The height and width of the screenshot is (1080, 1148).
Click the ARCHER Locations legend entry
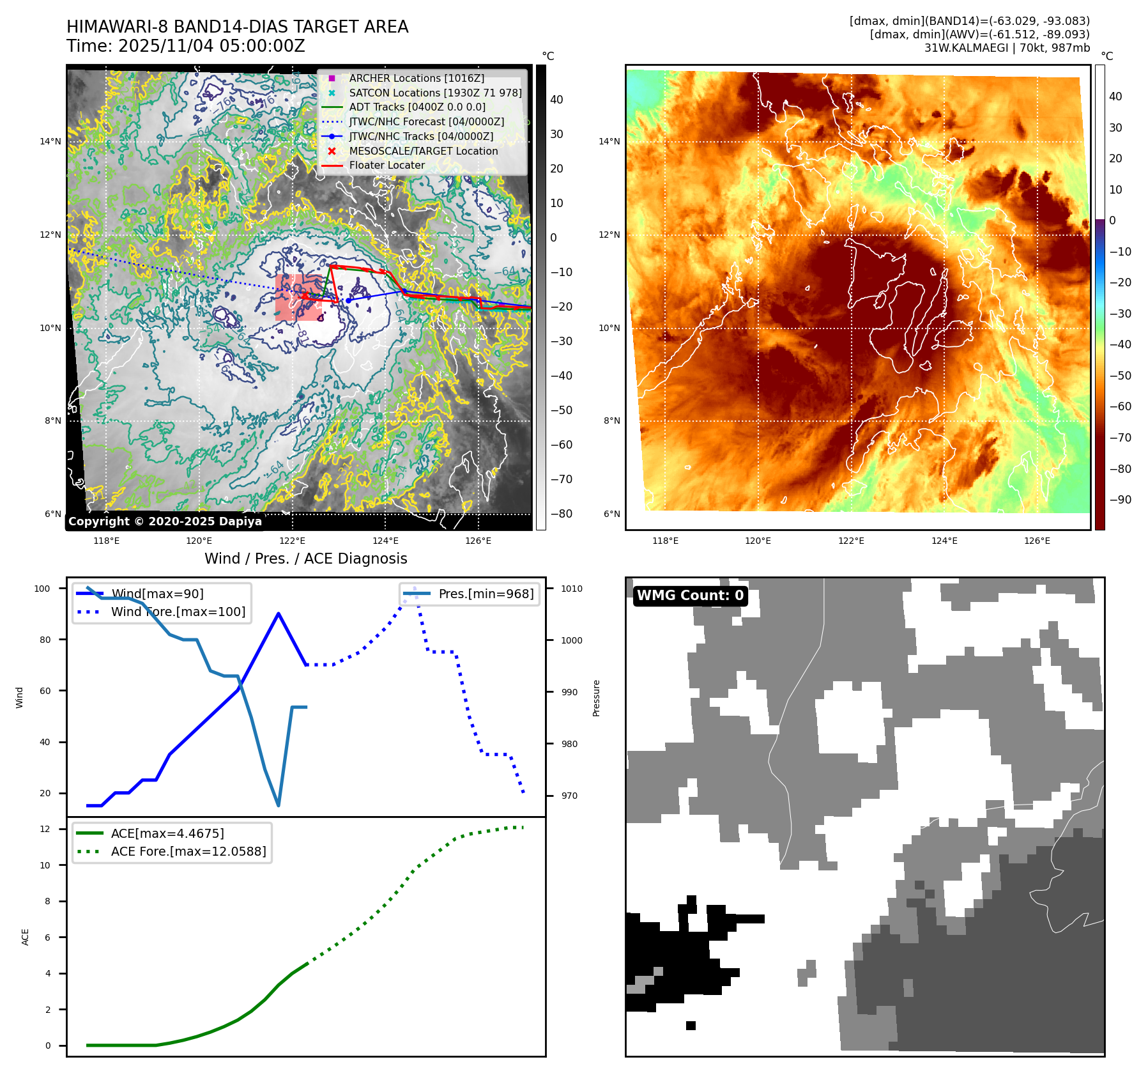(416, 79)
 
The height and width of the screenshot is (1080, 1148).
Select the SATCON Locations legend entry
(434, 93)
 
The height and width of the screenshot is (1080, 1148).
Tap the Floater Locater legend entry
(386, 166)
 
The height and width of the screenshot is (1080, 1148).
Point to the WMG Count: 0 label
(690, 596)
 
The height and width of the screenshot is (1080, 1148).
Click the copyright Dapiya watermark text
(165, 521)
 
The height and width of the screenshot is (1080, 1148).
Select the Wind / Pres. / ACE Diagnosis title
(305, 559)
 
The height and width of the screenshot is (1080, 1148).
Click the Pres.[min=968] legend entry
(486, 594)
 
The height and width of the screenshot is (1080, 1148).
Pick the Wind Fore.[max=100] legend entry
(178, 612)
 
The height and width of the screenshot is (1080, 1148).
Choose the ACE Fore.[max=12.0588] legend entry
(188, 852)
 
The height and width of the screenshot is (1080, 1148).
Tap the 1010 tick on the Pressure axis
(572, 589)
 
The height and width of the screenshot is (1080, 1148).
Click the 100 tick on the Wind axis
(42, 589)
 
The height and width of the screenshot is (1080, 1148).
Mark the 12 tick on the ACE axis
(45, 829)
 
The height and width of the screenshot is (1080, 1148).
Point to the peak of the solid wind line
(279, 613)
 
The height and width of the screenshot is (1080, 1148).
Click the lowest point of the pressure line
(279, 805)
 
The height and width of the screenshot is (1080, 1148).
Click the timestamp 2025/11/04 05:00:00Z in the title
(211, 47)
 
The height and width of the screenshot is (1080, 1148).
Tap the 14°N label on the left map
(50, 142)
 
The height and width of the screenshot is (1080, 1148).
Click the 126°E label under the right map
(1037, 541)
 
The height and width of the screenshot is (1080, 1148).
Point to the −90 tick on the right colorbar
(1120, 500)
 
